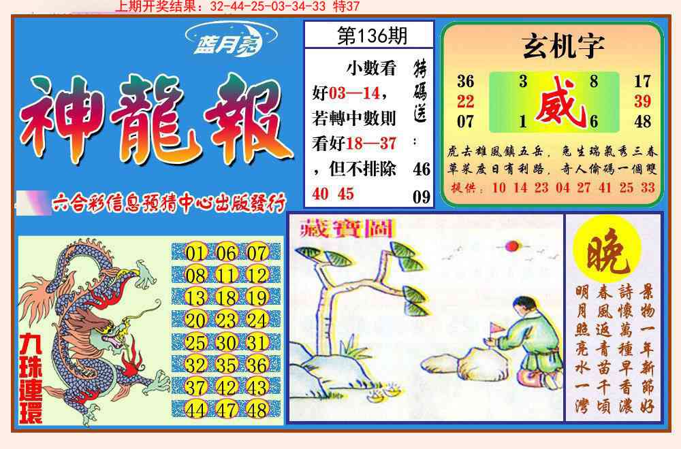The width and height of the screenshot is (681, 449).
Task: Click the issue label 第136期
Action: pyautogui.click(x=368, y=36)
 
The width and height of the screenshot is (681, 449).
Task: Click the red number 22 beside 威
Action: pyautogui.click(x=466, y=102)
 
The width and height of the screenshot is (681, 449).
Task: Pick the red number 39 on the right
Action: pyautogui.click(x=642, y=102)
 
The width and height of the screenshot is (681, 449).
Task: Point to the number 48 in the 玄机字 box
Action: pyautogui.click(x=642, y=122)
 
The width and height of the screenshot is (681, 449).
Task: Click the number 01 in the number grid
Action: pyautogui.click(x=195, y=254)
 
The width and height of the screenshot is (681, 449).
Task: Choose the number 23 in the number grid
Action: pyautogui.click(x=226, y=320)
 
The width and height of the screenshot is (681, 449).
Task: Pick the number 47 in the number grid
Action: pyautogui.click(x=226, y=410)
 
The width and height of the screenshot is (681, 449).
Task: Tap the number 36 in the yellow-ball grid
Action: pyautogui.click(x=257, y=365)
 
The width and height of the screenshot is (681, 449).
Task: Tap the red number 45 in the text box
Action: pyautogui.click(x=346, y=194)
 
